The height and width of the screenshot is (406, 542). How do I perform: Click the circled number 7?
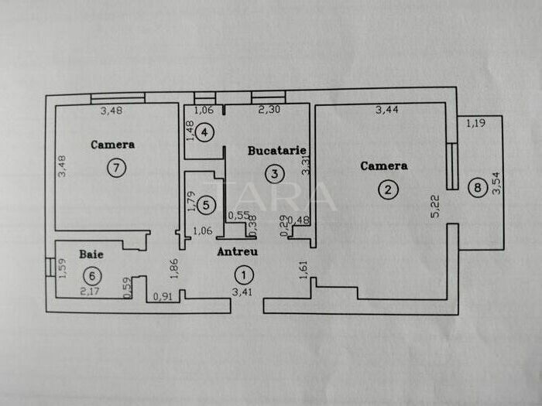coord(116,168)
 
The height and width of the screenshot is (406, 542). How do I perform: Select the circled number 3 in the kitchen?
coord(274,174)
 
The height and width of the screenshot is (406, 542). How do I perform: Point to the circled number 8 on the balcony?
coord(477,186)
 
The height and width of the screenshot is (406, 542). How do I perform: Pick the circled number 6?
coord(92,275)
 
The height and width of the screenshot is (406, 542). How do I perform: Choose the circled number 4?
coord(204,133)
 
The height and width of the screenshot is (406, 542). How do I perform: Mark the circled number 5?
coord(205,205)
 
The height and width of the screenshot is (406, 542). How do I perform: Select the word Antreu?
coord(237,251)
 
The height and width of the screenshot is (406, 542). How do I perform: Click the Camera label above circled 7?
coord(112,145)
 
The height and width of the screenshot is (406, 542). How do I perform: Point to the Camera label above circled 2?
coord(384,165)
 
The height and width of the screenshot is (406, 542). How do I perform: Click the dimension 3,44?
coord(387,111)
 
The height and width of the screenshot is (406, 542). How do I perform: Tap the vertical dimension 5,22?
coord(436,205)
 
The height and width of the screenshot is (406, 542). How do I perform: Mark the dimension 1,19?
coord(476,122)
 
